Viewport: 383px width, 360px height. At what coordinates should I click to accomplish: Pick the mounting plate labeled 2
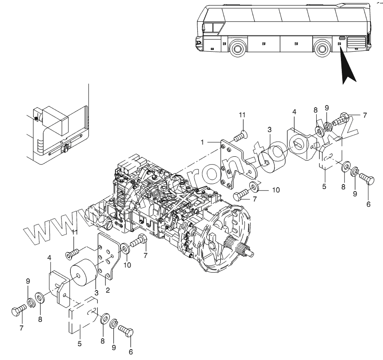[107, 256]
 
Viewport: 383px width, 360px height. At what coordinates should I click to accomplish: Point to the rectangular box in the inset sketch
[56, 117]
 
